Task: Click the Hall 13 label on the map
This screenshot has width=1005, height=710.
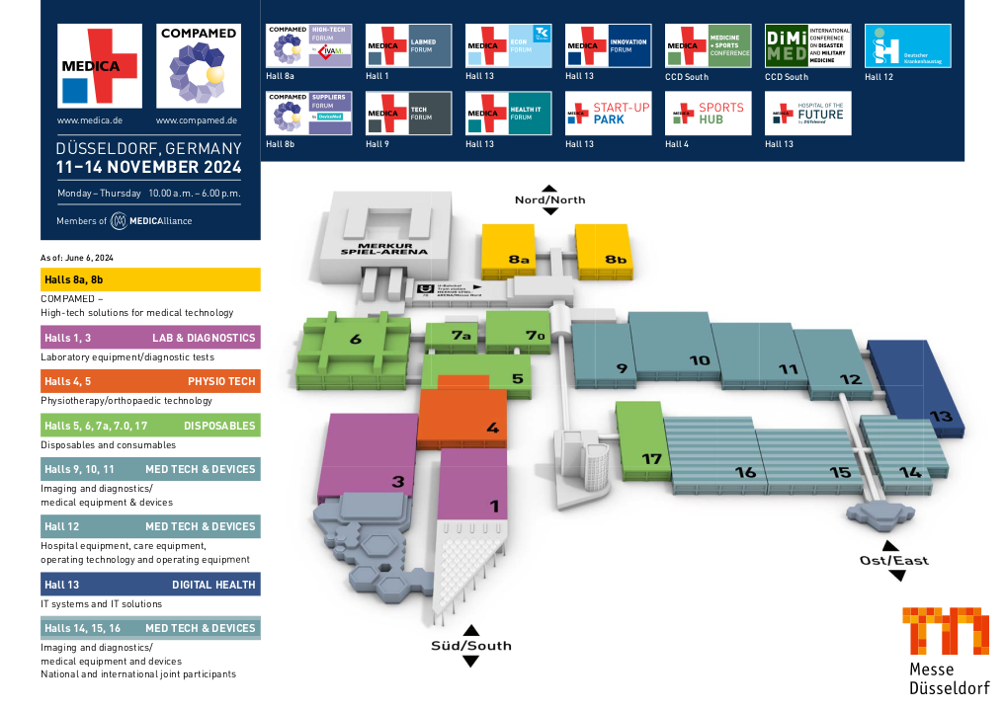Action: click(x=941, y=416)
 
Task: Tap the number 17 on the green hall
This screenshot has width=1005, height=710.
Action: click(x=651, y=458)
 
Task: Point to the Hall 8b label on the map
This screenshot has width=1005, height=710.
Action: click(x=616, y=260)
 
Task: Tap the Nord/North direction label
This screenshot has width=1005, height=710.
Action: click(x=549, y=199)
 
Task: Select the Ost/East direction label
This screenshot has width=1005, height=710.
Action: click(x=893, y=561)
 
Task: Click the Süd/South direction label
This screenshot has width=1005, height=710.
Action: click(x=470, y=646)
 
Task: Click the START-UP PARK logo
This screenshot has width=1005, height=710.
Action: click(x=609, y=114)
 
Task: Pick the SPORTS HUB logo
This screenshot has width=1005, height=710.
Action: click(x=708, y=114)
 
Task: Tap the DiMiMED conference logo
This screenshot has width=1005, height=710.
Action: click(x=807, y=45)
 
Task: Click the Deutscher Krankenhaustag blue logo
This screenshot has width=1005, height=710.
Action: click(x=907, y=45)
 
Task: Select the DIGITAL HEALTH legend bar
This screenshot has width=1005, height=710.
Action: click(x=150, y=584)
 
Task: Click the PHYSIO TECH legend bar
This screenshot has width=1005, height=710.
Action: click(x=150, y=381)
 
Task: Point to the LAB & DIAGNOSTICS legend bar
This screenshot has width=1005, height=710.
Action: click(x=150, y=338)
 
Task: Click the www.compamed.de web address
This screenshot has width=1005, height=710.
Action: click(x=197, y=120)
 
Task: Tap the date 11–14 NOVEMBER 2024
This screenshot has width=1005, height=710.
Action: click(x=149, y=167)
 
